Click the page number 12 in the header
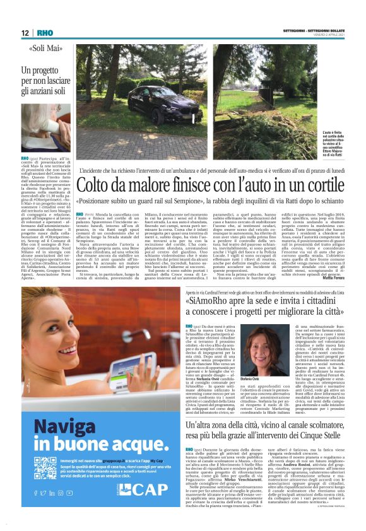[x=26, y=33]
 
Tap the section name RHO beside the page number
[x=45, y=33]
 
